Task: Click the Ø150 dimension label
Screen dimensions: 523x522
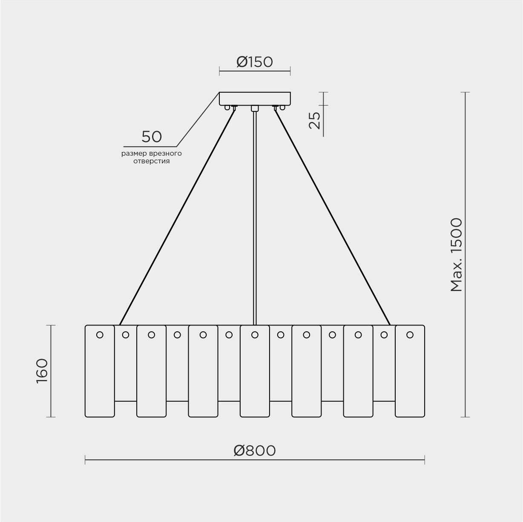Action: click(x=254, y=62)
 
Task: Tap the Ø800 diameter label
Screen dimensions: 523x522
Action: click(x=255, y=451)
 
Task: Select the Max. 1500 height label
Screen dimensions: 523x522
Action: click(x=456, y=255)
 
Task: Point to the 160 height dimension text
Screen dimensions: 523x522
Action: click(x=42, y=371)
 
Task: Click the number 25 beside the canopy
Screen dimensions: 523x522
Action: click(x=315, y=120)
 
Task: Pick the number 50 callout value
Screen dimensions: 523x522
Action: click(x=152, y=137)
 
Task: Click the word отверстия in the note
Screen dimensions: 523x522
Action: click(x=152, y=161)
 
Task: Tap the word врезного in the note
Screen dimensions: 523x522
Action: click(x=165, y=154)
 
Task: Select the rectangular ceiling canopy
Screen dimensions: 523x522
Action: click(x=255, y=99)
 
